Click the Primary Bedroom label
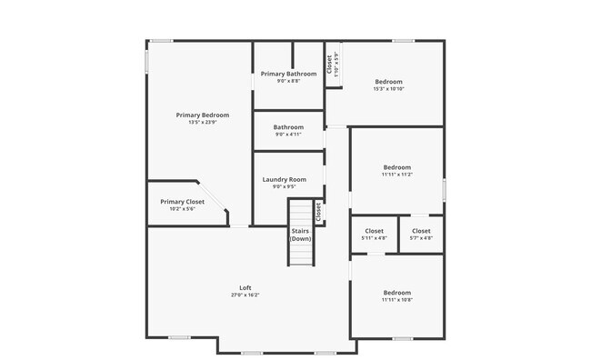(202, 115)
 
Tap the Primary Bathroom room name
(288, 74)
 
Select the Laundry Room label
(284, 180)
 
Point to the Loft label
(245, 288)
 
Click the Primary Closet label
(182, 202)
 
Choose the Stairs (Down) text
(301, 235)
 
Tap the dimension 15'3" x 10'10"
(387, 89)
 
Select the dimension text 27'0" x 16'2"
(245, 295)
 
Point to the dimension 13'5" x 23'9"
(202, 123)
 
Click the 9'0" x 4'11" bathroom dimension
(288, 135)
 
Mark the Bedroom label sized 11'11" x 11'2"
(396, 167)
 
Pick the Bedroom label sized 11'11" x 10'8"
(396, 293)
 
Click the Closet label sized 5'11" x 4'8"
(374, 231)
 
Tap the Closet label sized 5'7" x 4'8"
(422, 231)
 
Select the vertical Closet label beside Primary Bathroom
(329, 65)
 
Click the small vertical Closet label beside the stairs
(318, 212)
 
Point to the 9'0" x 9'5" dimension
(284, 187)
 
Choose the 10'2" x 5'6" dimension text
(182, 209)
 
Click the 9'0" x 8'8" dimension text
(288, 81)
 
